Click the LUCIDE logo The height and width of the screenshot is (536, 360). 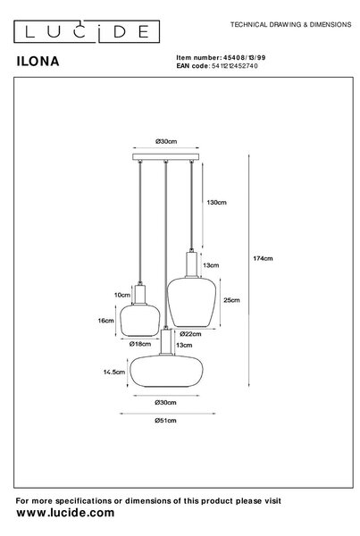[x=87, y=31]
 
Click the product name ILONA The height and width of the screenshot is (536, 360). [x=38, y=62]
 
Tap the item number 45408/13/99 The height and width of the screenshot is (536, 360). [x=244, y=57]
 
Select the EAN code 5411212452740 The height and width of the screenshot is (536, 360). [x=235, y=66]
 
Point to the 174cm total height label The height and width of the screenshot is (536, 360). [x=263, y=259]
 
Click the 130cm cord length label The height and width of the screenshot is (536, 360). [x=216, y=203]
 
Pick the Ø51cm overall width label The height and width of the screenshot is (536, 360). [x=165, y=421]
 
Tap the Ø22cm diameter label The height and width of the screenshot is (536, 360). [x=190, y=334]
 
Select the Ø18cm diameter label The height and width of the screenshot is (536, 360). [x=140, y=344]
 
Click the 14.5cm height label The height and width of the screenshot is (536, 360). [x=114, y=372]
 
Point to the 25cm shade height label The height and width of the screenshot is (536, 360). [x=231, y=300]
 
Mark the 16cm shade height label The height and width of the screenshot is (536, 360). [x=106, y=321]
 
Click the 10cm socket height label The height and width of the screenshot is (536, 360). [x=122, y=295]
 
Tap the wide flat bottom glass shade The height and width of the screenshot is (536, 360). [x=166, y=372]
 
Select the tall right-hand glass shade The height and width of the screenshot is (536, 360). [x=191, y=302]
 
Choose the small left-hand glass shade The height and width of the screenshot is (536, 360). [x=140, y=321]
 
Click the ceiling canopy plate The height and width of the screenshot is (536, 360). [x=166, y=157]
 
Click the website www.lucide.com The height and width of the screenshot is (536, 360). [x=65, y=513]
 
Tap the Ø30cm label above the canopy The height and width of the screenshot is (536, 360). [x=166, y=141]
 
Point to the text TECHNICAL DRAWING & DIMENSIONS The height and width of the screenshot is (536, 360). [x=290, y=25]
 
